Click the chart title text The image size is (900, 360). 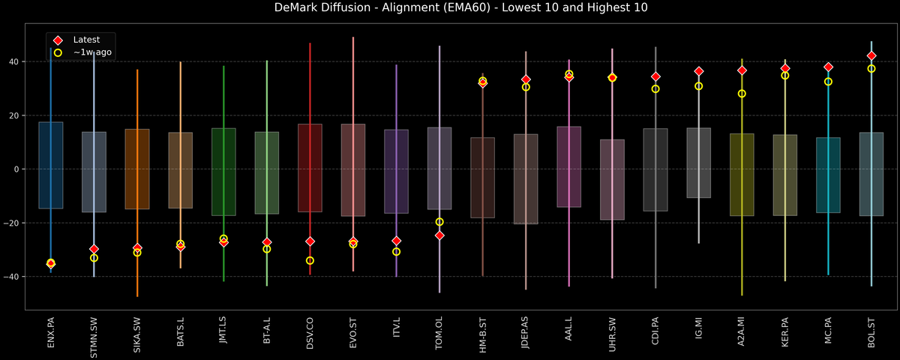click(449, 8)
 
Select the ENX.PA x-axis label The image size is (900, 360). click(50, 333)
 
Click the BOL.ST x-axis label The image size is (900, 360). click(871, 333)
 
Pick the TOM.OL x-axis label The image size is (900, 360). click(439, 333)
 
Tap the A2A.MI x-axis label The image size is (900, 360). click(742, 333)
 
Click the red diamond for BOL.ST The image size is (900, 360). click(871, 55)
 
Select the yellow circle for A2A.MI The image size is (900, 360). click(742, 94)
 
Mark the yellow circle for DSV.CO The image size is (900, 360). click(310, 260)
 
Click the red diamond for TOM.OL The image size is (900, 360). click(439, 235)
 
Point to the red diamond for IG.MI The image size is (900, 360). click(699, 71)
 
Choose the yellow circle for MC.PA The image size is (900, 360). click(828, 81)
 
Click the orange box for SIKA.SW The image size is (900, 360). click(137, 169)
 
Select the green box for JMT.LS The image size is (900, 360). click(223, 172)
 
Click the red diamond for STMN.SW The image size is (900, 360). click(94, 249)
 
